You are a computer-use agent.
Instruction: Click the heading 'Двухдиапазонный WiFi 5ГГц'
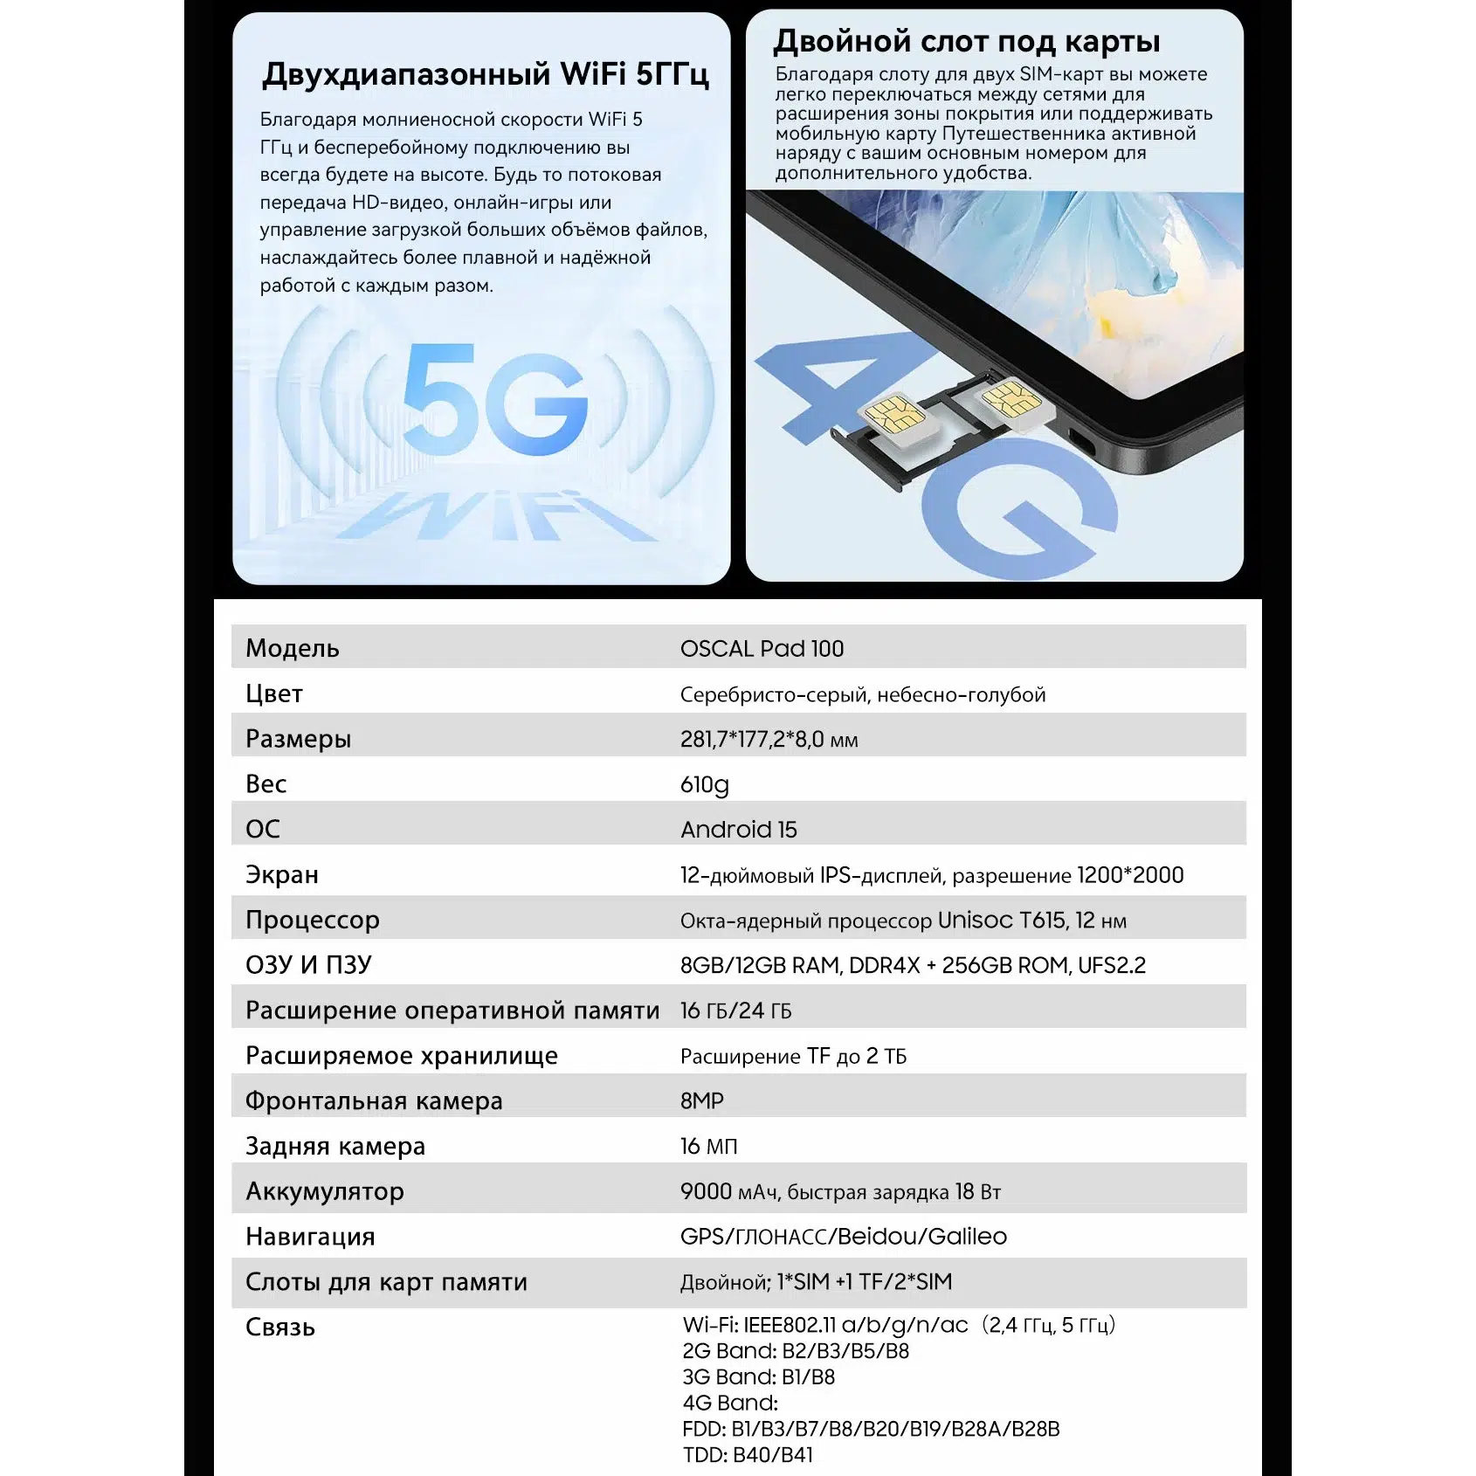pos(485,74)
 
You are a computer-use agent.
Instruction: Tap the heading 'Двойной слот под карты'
pos(967,41)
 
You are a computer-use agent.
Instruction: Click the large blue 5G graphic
pos(494,400)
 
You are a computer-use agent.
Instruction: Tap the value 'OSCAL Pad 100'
pos(762,649)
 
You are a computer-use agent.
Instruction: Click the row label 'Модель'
pos(292,648)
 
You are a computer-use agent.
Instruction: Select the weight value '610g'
pos(704,784)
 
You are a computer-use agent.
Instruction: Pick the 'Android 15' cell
pos(738,830)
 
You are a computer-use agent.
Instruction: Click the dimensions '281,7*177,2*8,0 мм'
pos(769,740)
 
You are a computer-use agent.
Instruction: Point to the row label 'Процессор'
pos(312,920)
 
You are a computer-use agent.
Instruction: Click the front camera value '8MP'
pos(701,1101)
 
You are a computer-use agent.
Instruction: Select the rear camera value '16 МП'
pos(708,1147)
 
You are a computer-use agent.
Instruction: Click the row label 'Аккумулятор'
pos(324,1191)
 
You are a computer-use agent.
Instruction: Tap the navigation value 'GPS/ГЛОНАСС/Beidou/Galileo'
pos(843,1237)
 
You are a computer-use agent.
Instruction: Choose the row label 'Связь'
pos(279,1328)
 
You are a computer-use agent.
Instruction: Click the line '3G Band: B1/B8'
pos(758,1377)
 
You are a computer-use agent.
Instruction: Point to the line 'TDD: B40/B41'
pos(748,1455)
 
